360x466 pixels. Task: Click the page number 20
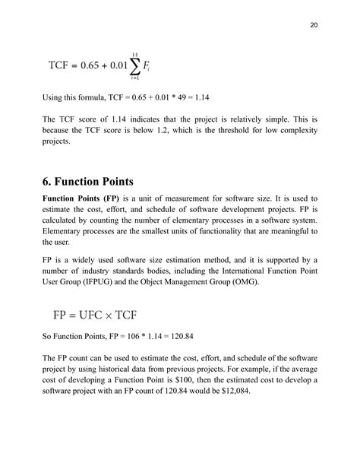314,24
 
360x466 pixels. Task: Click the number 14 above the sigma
134,54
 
